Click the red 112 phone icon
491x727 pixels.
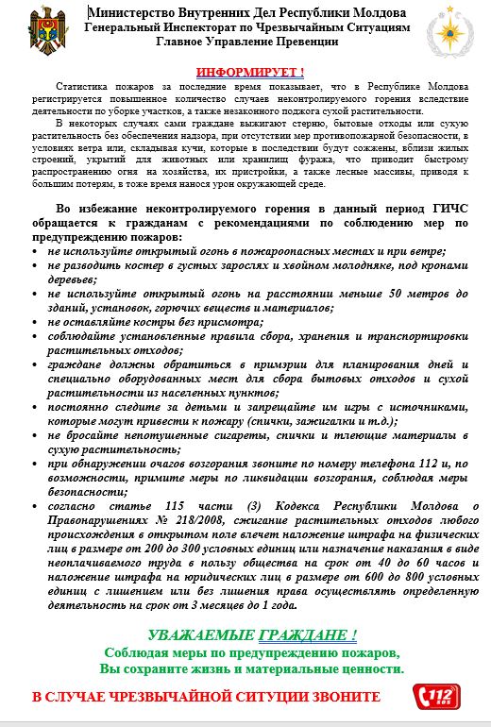pyautogui.click(x=436, y=697)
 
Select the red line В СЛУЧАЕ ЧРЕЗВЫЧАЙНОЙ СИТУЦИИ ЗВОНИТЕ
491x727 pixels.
pyautogui.click(x=205, y=697)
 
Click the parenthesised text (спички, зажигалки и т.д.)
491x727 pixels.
pyautogui.click(x=318, y=419)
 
